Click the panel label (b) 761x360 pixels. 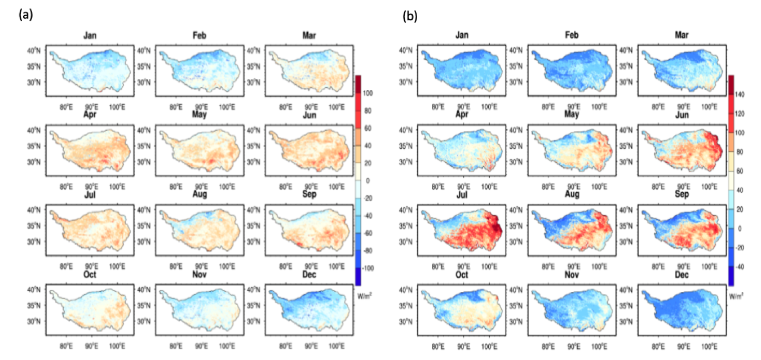coord(410,17)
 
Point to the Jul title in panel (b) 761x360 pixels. coord(463,194)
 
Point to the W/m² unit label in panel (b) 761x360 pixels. coord(735,295)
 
